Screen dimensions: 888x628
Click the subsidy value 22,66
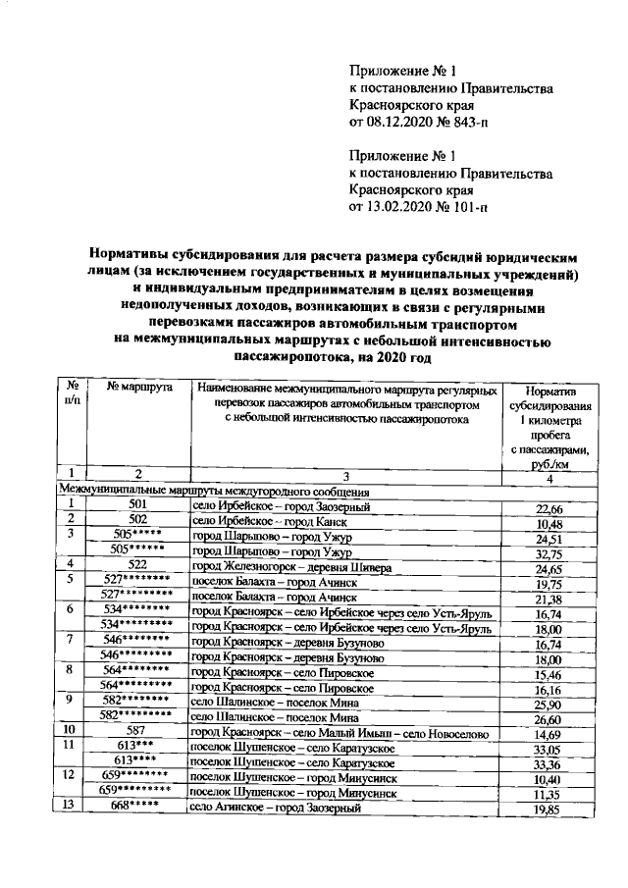548,508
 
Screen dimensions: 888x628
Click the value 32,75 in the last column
548,553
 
